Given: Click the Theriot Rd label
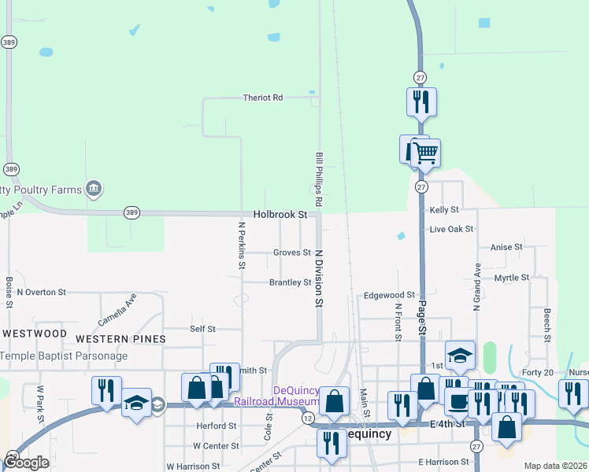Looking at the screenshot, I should [263, 98].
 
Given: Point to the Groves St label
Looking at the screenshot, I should [291, 253].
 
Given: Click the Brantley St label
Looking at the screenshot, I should [291, 282].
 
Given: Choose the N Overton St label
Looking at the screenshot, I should [41, 292].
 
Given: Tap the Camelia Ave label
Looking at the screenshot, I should [117, 310].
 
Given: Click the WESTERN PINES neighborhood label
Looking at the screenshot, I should [120, 338].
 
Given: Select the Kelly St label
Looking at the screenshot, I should [444, 210].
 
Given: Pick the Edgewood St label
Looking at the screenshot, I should [389, 295].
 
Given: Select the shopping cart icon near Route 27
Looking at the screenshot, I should [425, 152].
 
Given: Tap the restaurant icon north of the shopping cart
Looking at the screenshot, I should [421, 101].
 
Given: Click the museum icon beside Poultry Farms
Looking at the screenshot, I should [94, 188].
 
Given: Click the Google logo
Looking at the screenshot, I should [26, 463].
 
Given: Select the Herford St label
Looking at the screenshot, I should [217, 426].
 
